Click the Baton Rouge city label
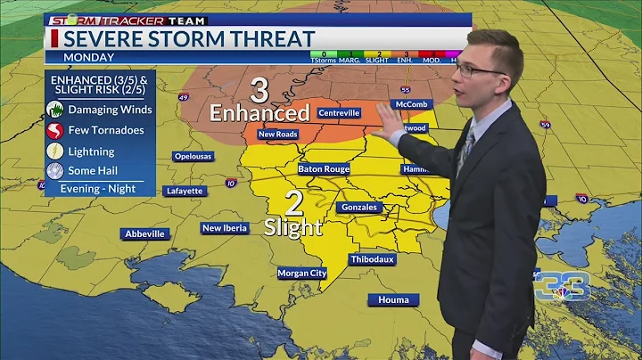325,168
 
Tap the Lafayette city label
185,191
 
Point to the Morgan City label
301,273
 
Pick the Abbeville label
144,233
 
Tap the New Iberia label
225,228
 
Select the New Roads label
277,135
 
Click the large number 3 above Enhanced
259,91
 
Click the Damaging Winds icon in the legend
55,110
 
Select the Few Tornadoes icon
55,130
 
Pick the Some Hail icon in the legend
55,171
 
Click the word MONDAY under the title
89,57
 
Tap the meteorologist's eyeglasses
481,70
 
